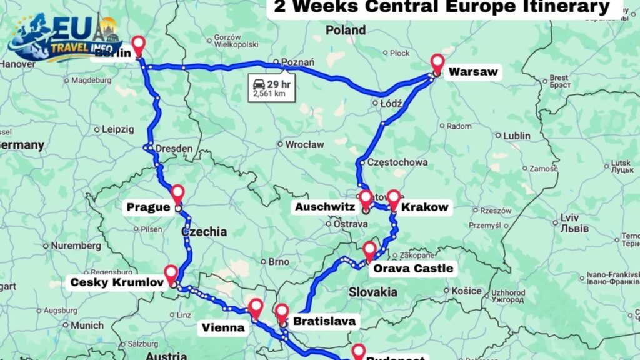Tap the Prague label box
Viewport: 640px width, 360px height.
pyautogui.click(x=149, y=207)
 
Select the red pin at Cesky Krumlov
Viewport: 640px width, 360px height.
pyautogui.click(x=171, y=274)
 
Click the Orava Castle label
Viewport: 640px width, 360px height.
pyautogui.click(x=412, y=269)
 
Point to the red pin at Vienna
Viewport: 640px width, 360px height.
pyautogui.click(x=256, y=307)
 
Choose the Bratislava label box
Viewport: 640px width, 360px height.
pyautogui.click(x=324, y=322)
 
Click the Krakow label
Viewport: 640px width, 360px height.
pyautogui.click(x=425, y=207)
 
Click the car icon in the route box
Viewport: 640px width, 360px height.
pyautogui.click(x=258, y=84)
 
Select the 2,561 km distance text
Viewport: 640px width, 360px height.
pyautogui.click(x=269, y=94)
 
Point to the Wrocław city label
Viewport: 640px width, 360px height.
pyautogui.click(x=305, y=144)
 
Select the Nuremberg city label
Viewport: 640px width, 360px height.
pyautogui.click(x=76, y=246)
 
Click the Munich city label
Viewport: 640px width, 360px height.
pyautogui.click(x=87, y=326)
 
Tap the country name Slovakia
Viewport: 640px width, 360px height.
pyautogui.click(x=373, y=292)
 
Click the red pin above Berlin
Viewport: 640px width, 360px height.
pyautogui.click(x=139, y=45)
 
